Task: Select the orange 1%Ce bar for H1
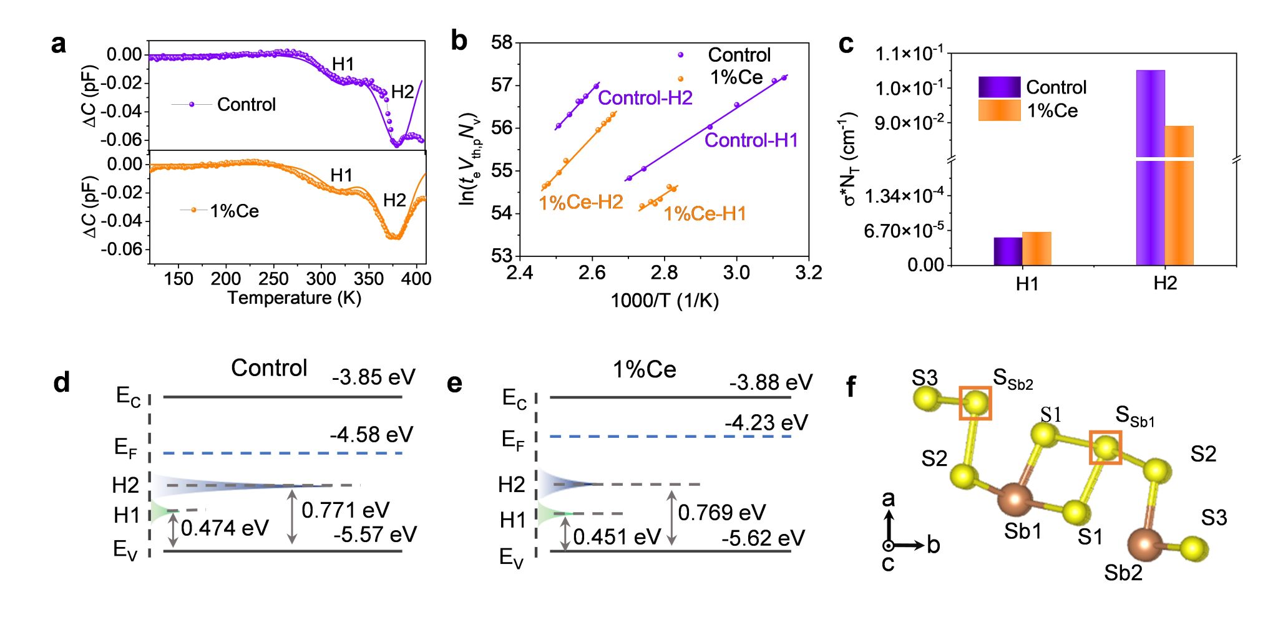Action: click(x=1037, y=249)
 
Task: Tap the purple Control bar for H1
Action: click(x=1008, y=251)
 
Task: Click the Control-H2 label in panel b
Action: click(x=645, y=98)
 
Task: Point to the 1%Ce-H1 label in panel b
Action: click(x=705, y=214)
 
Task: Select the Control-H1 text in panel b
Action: click(x=751, y=140)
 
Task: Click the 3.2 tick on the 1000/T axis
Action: click(x=809, y=273)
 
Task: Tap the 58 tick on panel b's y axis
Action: click(x=501, y=42)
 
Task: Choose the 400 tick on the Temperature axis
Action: click(x=416, y=279)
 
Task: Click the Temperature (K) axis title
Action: click(x=294, y=298)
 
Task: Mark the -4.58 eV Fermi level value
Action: click(x=371, y=435)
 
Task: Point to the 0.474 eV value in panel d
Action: click(x=225, y=528)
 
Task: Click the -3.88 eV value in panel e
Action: click(x=771, y=382)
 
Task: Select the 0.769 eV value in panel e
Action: click(x=721, y=513)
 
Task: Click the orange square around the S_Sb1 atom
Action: click(x=1106, y=447)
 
